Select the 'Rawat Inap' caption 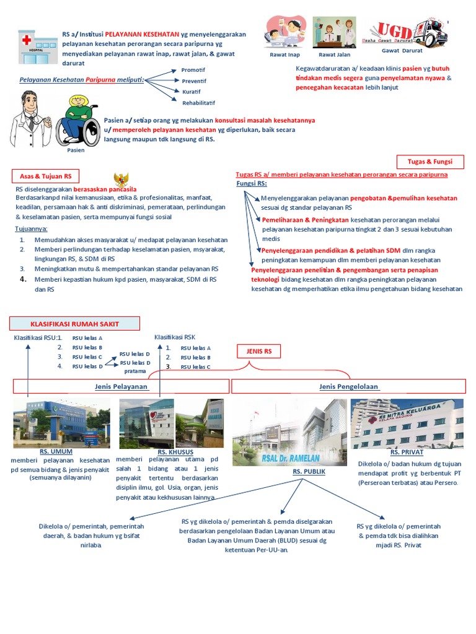coord(284,54)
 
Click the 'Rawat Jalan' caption coord(335,54)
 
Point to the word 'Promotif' coord(193,70)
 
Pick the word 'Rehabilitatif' coord(198,102)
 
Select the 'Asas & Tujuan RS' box coord(45,176)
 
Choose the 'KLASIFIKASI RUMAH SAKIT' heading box coord(74,323)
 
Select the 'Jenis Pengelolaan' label coord(348,386)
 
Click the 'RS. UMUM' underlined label coord(53,452)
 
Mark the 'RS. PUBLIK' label coord(309,471)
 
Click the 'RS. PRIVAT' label coord(407,453)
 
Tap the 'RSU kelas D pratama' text coord(135,367)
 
